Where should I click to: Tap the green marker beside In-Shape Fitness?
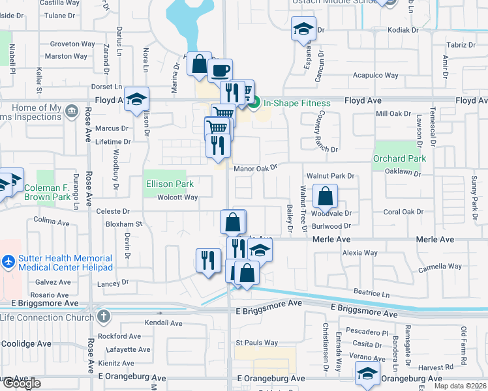point(254,102)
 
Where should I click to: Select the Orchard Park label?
point(399,158)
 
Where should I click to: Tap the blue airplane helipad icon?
point(7,262)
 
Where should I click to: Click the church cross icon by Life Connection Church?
point(102,317)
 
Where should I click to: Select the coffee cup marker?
point(221,70)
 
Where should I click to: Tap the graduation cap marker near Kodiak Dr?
point(303,29)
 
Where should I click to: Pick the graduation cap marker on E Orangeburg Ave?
point(367,373)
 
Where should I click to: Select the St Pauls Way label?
point(257,343)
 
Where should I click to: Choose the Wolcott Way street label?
point(177,197)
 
